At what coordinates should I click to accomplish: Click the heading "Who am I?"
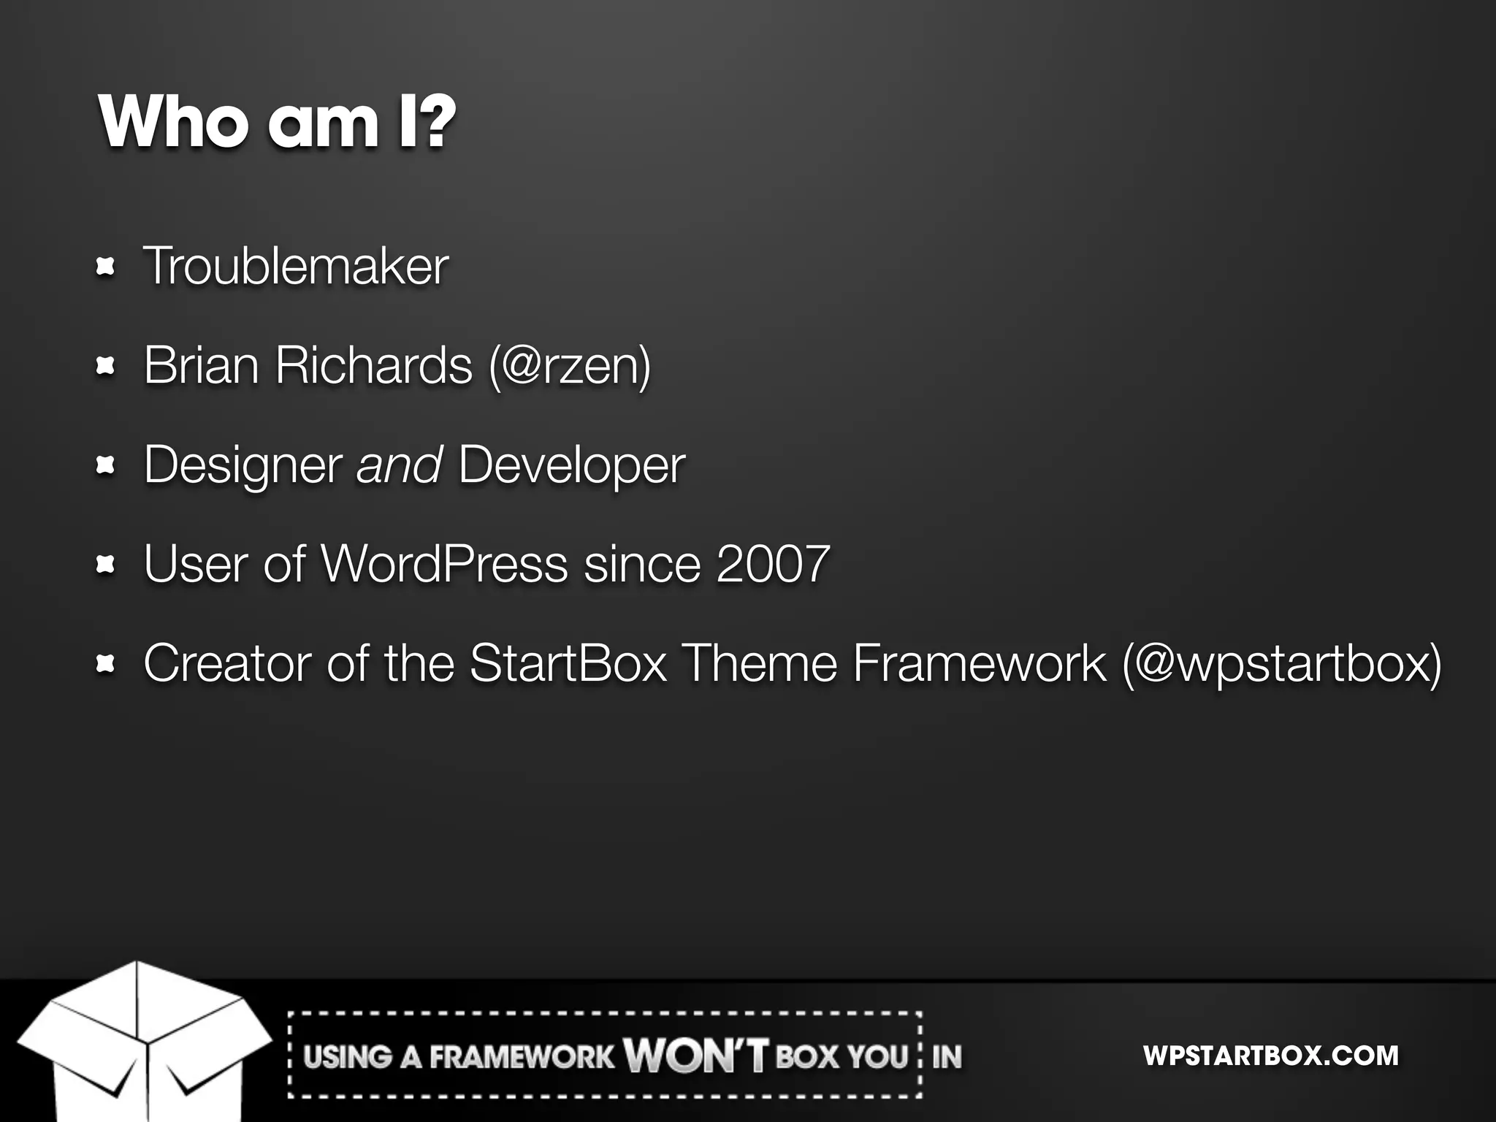click(x=278, y=121)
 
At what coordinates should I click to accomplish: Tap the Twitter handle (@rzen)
click(x=570, y=365)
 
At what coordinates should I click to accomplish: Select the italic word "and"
click(x=399, y=465)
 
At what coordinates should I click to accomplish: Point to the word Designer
click(x=243, y=465)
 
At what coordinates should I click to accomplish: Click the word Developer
click(x=572, y=465)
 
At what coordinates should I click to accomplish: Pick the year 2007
click(x=773, y=564)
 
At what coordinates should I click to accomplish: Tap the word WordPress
click(x=444, y=564)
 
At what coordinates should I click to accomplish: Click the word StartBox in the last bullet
click(x=568, y=663)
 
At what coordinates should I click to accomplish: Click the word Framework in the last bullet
click(x=980, y=663)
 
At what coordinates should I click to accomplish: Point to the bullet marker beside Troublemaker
click(x=106, y=267)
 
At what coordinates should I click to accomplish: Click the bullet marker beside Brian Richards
click(x=106, y=366)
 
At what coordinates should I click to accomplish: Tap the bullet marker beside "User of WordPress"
click(x=106, y=565)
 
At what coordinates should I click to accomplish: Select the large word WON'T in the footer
click(x=695, y=1056)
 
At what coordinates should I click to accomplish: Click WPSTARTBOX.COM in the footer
click(x=1270, y=1056)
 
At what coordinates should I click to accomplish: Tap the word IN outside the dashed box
click(x=947, y=1056)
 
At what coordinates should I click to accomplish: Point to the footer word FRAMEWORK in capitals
click(x=522, y=1057)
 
